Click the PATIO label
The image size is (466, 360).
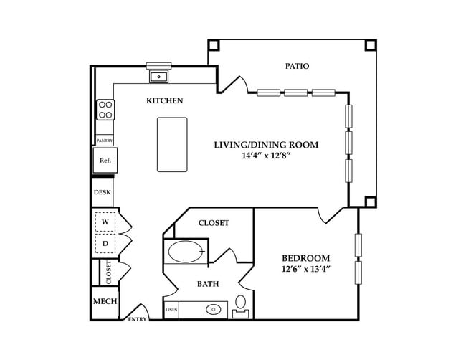tap(297, 66)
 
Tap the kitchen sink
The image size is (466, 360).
tap(158, 77)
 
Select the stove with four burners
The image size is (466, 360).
tap(105, 110)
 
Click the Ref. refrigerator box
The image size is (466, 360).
tap(105, 160)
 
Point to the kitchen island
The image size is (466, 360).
tap(172, 144)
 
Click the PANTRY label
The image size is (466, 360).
tap(105, 141)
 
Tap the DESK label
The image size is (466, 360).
tap(103, 192)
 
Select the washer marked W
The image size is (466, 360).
tap(105, 222)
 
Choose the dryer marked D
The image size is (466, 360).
tap(105, 244)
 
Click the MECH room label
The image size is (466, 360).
tap(105, 301)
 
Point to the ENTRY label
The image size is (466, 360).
tap(138, 319)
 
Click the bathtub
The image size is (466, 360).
tap(185, 252)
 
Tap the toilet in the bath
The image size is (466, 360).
tap(240, 306)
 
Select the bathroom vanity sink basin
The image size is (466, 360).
tap(214, 310)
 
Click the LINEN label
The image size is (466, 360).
tap(171, 310)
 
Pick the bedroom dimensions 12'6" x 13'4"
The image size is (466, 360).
tap(306, 269)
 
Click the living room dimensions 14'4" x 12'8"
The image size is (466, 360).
tap(266, 156)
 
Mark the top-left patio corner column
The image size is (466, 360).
tap(214, 45)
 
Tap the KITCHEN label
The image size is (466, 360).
tap(165, 100)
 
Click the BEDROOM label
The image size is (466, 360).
tap(306, 258)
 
